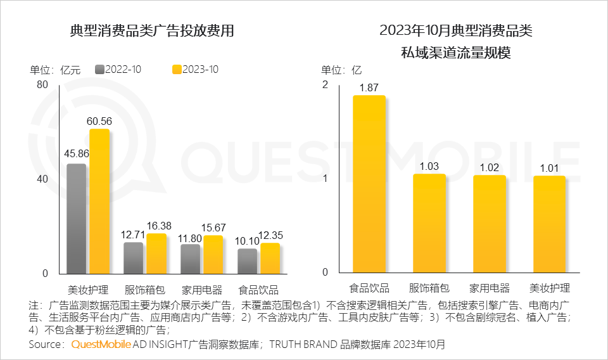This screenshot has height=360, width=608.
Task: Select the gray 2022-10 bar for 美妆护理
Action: pyautogui.click(x=77, y=218)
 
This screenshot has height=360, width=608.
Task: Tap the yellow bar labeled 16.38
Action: pyautogui.click(x=156, y=253)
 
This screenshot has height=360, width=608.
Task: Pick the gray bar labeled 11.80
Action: pyautogui.click(x=190, y=258)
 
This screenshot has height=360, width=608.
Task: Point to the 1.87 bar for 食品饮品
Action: pyautogui.click(x=369, y=184)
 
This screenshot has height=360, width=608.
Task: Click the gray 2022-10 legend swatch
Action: pyautogui.click(x=99, y=70)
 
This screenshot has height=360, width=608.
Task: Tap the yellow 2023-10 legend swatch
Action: pyautogui.click(x=177, y=70)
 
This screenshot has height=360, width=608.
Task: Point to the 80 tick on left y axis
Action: pyautogui.click(x=42, y=85)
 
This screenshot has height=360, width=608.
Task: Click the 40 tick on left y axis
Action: pyautogui.click(x=42, y=179)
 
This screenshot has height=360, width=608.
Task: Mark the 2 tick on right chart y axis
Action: pyautogui.click(x=326, y=85)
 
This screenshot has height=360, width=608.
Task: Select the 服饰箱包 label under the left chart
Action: pyautogui.click(x=144, y=290)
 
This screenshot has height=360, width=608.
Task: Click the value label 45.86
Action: pyautogui.click(x=76, y=153)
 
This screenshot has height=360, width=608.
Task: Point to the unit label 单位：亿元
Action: pyautogui.click(x=55, y=70)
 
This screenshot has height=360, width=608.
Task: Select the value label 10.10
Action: pyautogui.click(x=247, y=240)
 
